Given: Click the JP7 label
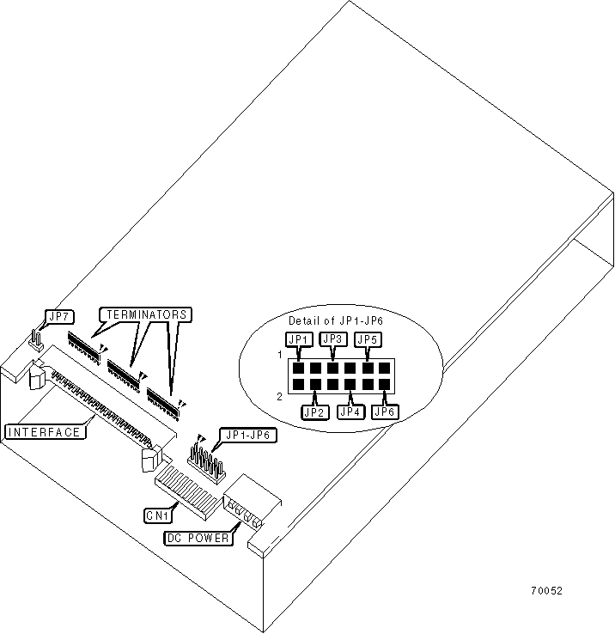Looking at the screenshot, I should tap(60, 317).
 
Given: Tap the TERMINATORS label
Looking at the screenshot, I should tap(144, 314).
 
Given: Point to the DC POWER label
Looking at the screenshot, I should tap(198, 539).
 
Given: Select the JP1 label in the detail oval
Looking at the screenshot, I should tap(298, 339).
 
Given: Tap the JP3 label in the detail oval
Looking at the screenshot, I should tap(332, 339).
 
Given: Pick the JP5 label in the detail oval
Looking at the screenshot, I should tap(368, 339).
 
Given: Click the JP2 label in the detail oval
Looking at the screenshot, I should tap(315, 411).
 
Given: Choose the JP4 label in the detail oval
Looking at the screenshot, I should tap(350, 411).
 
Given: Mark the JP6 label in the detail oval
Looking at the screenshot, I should tap(385, 411).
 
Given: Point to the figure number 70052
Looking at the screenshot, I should tap(546, 591).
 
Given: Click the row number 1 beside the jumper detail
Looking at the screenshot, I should tap(280, 354).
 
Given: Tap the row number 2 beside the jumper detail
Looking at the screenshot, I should tap(280, 396).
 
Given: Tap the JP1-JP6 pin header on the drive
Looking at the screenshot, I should tap(206, 462).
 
